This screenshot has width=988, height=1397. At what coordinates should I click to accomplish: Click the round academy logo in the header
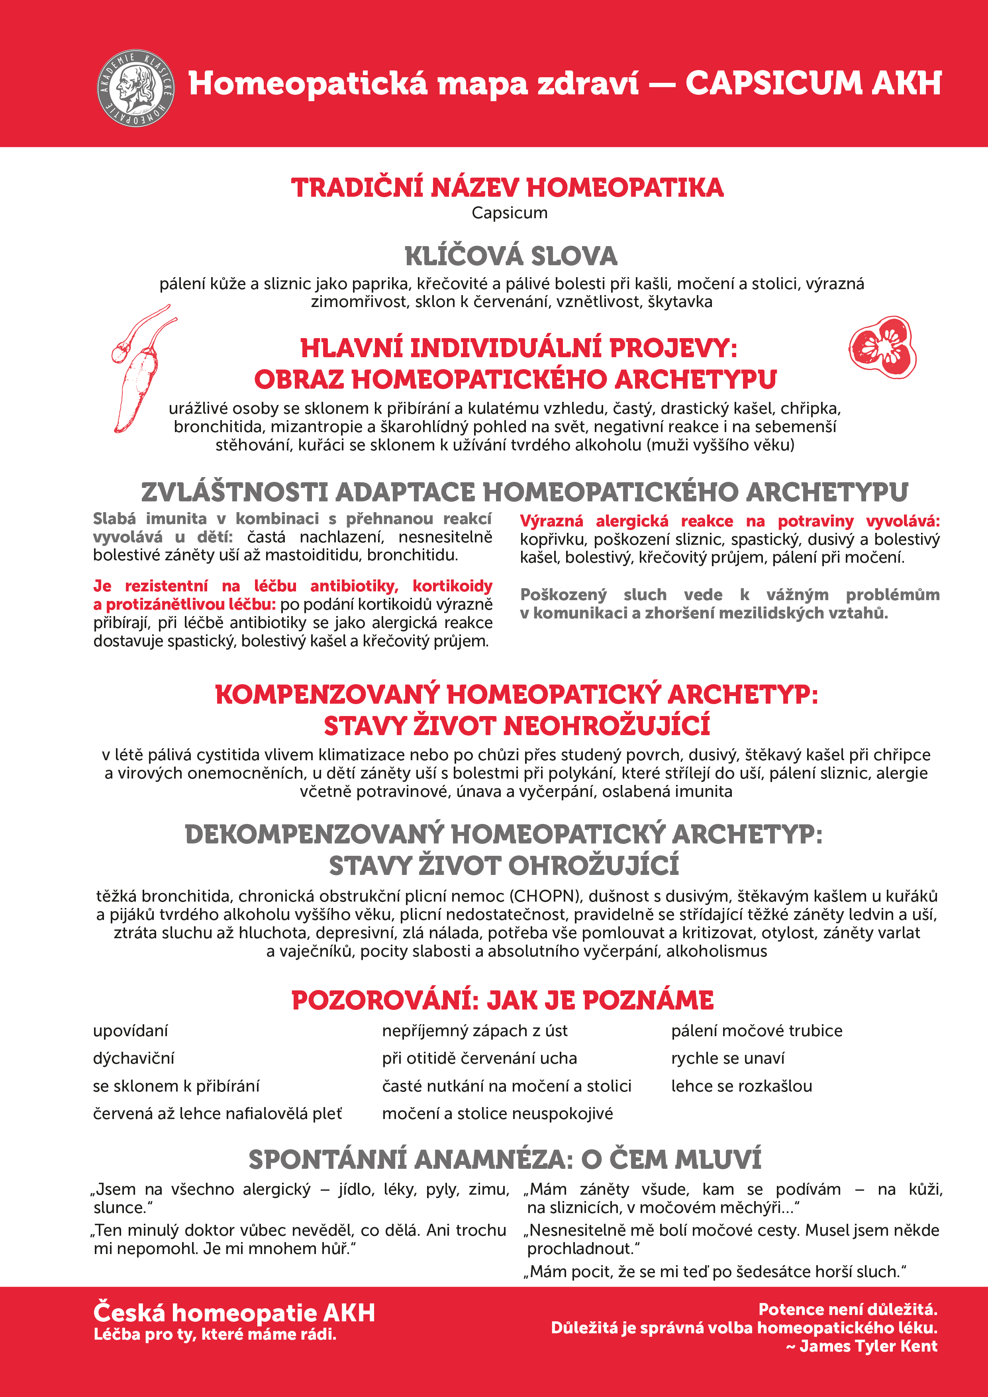[x=136, y=88]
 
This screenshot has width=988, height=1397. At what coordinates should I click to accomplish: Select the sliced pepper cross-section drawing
[x=883, y=347]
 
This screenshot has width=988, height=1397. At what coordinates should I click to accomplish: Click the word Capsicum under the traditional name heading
[x=510, y=213]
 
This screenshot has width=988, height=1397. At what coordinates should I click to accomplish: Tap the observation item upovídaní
[x=130, y=1031]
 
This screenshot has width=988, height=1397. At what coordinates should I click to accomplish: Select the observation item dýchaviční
[x=133, y=1058]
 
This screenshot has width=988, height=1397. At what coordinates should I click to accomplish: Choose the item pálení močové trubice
[x=757, y=1031]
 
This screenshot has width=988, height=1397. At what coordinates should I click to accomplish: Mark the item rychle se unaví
[x=727, y=1058]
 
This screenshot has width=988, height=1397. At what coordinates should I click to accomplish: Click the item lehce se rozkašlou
[x=741, y=1086]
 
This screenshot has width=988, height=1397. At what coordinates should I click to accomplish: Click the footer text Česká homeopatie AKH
[x=234, y=1313]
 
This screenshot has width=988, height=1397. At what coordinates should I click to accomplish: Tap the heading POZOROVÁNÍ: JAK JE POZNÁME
[x=502, y=1000]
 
